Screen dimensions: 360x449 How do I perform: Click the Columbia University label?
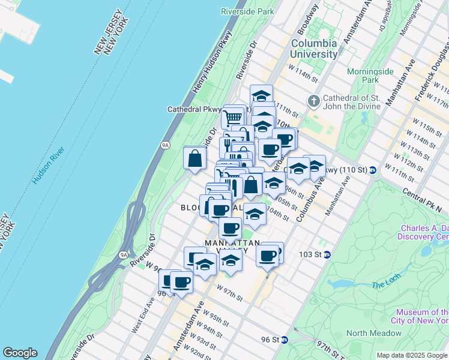point(314,49)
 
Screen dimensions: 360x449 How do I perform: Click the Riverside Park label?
point(247,11)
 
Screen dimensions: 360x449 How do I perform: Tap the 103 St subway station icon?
point(327,254)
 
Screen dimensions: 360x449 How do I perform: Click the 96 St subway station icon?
point(285,340)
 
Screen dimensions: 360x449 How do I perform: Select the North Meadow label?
point(373,333)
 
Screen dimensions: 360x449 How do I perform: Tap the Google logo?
point(20,353)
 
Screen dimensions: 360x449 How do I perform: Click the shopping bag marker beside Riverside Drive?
point(195,159)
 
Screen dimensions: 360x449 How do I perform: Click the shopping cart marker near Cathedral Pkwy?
point(233,117)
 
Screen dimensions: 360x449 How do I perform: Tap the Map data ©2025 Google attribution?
point(411,355)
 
